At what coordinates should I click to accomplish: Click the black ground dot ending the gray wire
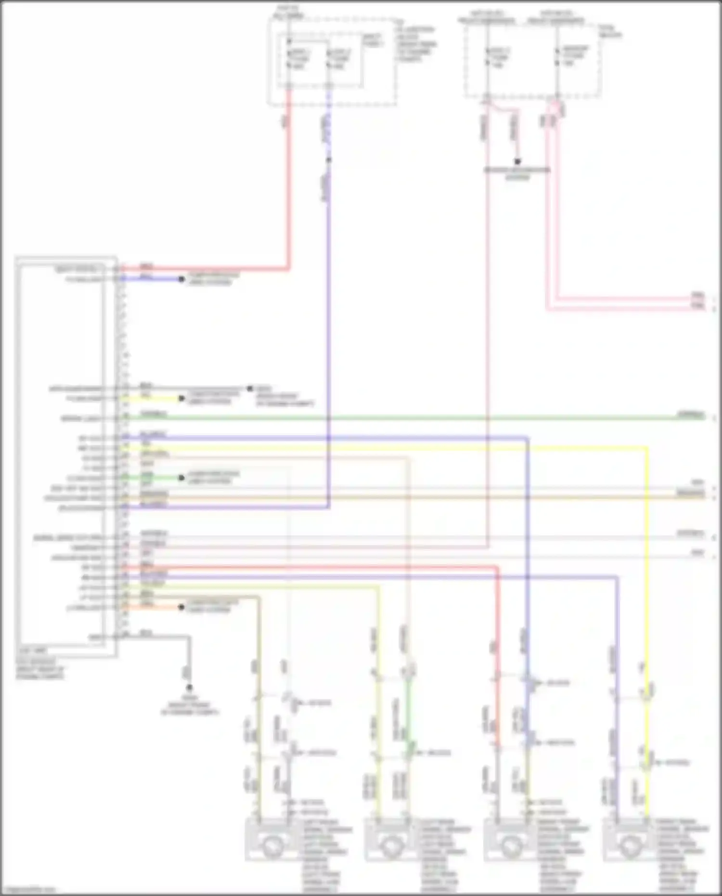[189, 688]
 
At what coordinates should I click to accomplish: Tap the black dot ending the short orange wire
[181, 607]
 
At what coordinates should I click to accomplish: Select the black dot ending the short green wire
[181, 478]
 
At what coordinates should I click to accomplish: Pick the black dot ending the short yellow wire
[181, 399]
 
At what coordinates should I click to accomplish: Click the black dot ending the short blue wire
[181, 279]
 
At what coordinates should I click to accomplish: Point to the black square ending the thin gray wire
[250, 388]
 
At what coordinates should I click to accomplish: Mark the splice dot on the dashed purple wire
[329, 159]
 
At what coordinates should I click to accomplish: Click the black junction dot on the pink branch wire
[517, 161]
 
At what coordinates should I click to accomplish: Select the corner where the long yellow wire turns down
[646, 448]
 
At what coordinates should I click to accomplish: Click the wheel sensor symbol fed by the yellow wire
[629, 844]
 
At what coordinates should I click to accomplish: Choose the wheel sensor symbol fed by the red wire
[510, 844]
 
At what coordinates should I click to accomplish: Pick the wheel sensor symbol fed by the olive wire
[272, 844]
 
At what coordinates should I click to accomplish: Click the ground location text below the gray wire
[190, 705]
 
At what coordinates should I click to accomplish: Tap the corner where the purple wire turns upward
[329, 506]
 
